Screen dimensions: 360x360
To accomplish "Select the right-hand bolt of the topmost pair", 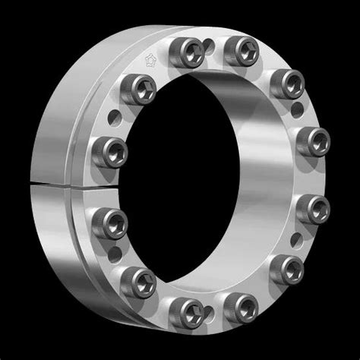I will point(245,52).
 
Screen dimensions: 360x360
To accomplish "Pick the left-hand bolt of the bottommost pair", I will point(185,309).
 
